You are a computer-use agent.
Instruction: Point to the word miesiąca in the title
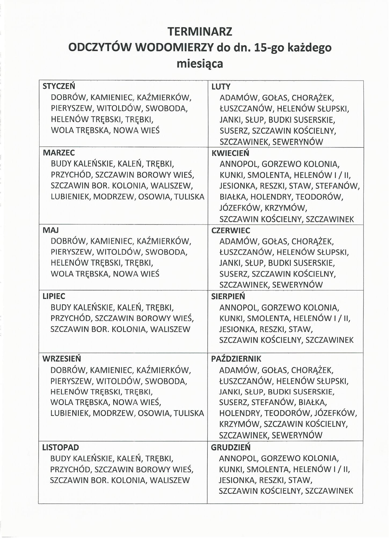pyautogui.click(x=200, y=64)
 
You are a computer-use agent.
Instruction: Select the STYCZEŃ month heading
pyautogui.click(x=59, y=86)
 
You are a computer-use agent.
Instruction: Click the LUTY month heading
pyautogui.click(x=221, y=87)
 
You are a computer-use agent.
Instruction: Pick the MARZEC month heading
pyautogui.click(x=59, y=153)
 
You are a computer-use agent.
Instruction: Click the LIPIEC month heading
pyautogui.click(x=54, y=296)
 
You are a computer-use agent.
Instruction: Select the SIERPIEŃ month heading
pyautogui.click(x=228, y=296)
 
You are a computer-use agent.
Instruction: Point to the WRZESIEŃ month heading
pyautogui.click(x=62, y=359)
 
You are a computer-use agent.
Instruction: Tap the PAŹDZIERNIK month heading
pyautogui.click(x=236, y=359)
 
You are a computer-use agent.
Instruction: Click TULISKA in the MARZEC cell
pyautogui.click(x=189, y=197)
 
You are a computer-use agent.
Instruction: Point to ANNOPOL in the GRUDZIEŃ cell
pyautogui.click(x=237, y=458)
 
